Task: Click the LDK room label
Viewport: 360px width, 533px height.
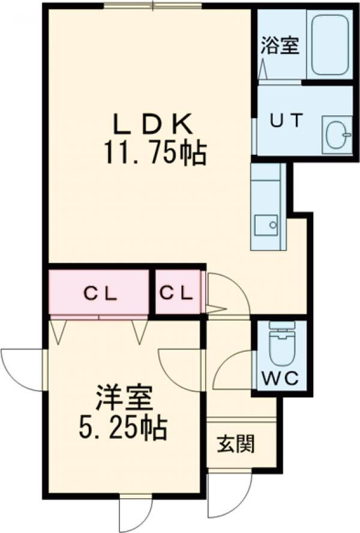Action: click(x=152, y=125)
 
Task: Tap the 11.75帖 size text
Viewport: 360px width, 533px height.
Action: click(x=155, y=154)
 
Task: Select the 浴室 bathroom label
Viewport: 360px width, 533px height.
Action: click(x=280, y=46)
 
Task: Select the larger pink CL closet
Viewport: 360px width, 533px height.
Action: click(x=99, y=294)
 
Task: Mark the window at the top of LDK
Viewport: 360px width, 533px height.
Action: click(x=152, y=6)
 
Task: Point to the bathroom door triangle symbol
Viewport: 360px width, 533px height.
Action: click(x=263, y=68)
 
